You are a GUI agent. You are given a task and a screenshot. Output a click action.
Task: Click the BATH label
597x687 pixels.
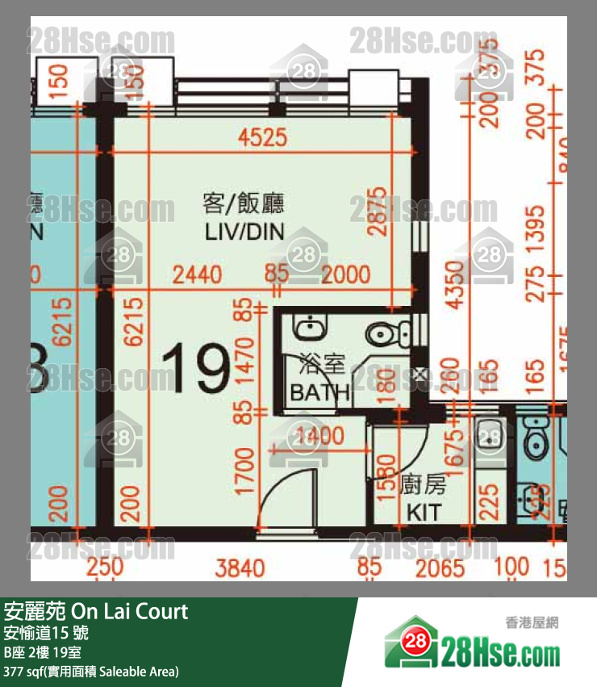319,393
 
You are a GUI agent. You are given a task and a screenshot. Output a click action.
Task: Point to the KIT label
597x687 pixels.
424,512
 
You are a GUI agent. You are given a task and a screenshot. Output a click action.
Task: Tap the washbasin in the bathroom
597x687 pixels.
310,327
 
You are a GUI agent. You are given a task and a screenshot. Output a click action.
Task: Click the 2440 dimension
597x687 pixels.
198,274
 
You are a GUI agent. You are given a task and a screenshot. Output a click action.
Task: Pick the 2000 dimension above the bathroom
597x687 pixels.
345,274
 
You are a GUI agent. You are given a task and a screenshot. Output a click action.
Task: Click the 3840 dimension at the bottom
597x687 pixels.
240,568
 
